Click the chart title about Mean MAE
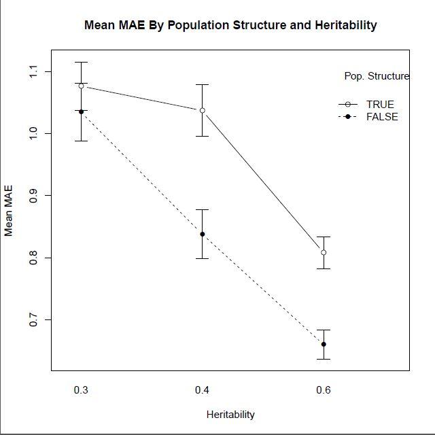[230, 25]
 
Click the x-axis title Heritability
[230, 414]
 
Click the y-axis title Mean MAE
[9, 211]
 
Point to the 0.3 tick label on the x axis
[81, 390]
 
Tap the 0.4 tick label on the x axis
[202, 390]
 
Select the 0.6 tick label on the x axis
[324, 390]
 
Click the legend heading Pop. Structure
[377, 76]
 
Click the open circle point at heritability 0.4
[203, 110]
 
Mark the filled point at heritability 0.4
[203, 234]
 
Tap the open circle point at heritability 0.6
[324, 252]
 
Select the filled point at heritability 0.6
[324, 344]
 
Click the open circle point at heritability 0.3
[81, 86]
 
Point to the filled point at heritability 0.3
[81, 111]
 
